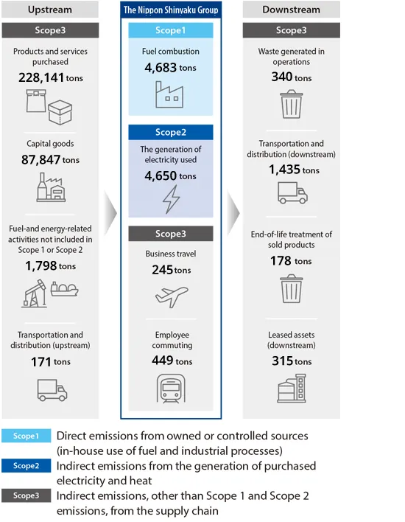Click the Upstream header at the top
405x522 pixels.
click(50, 10)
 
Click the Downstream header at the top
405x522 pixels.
click(291, 10)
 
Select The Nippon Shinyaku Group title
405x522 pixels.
click(171, 10)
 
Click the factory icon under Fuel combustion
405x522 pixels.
click(170, 94)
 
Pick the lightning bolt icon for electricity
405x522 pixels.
click(170, 198)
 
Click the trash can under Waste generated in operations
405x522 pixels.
click(291, 104)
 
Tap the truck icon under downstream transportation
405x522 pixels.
click(292, 193)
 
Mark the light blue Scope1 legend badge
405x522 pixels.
click(27, 436)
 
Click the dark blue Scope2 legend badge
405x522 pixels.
click(27, 466)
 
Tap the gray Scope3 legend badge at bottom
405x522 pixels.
click(27, 495)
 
